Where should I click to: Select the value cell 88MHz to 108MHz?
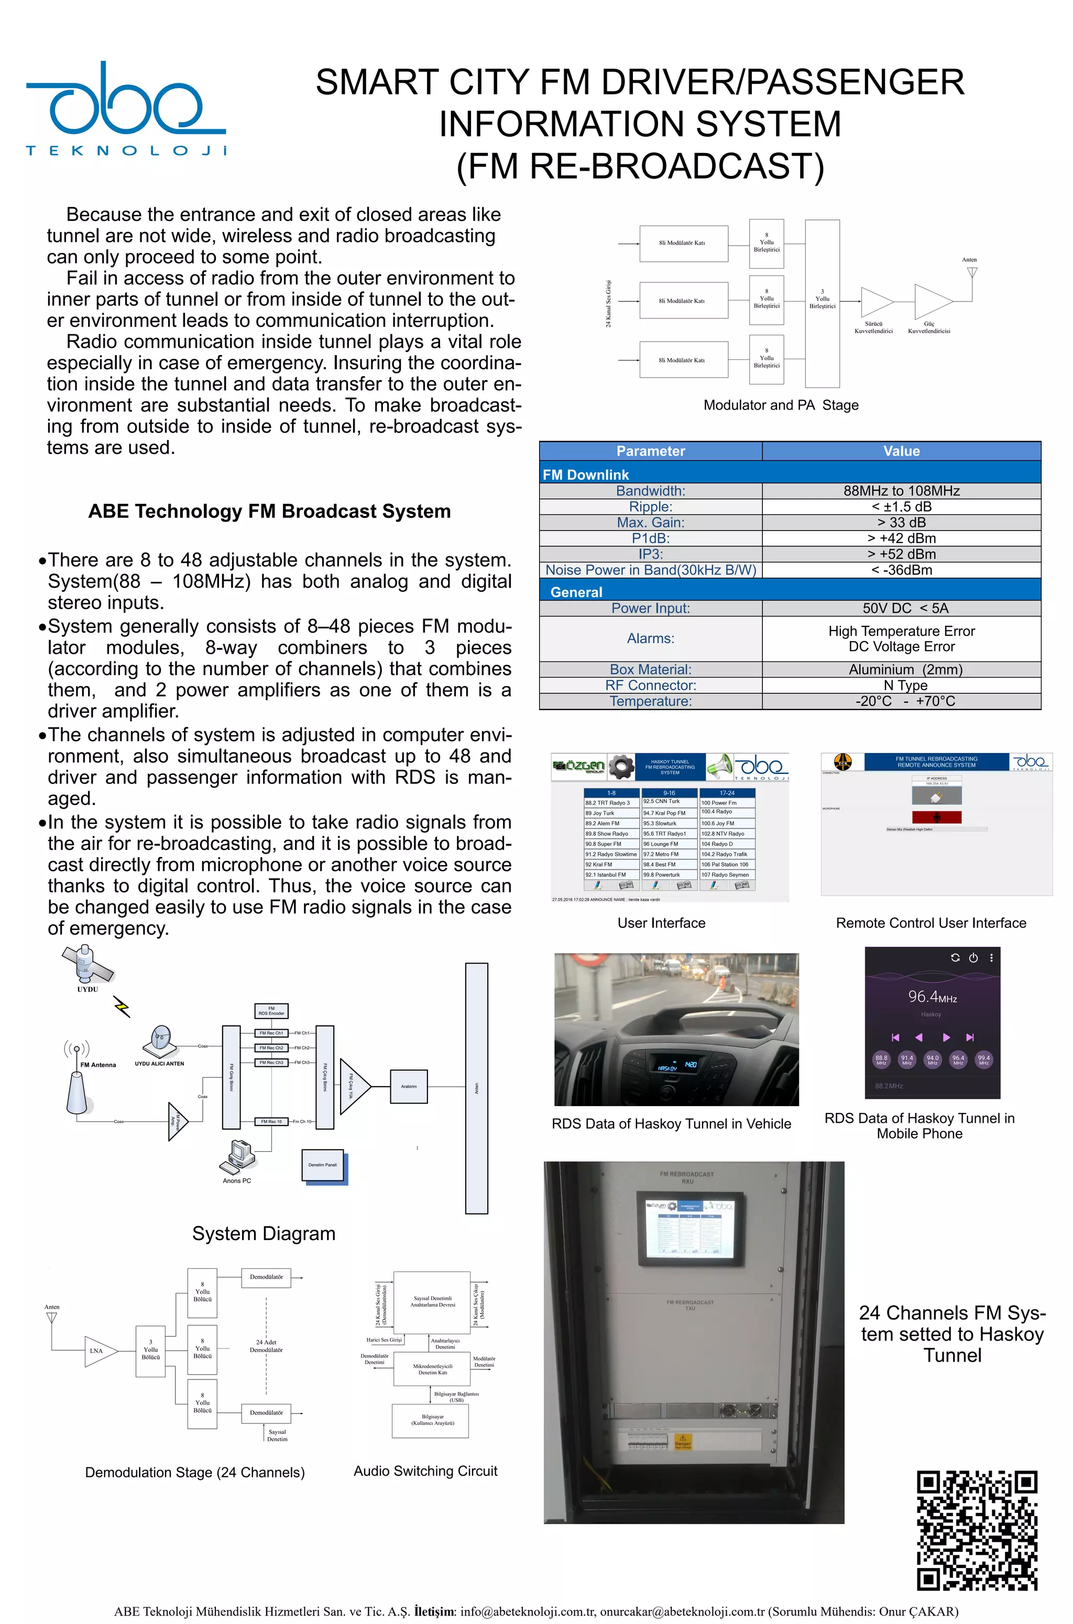point(901,491)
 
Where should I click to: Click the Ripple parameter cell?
point(650,507)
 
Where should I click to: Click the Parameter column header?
point(650,451)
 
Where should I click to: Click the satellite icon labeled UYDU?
point(87,963)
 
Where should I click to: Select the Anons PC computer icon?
point(237,1156)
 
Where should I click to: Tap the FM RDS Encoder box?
point(272,1010)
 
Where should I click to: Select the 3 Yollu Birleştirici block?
point(822,304)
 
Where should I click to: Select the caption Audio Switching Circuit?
point(425,1471)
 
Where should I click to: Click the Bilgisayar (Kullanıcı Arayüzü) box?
point(432,1421)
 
